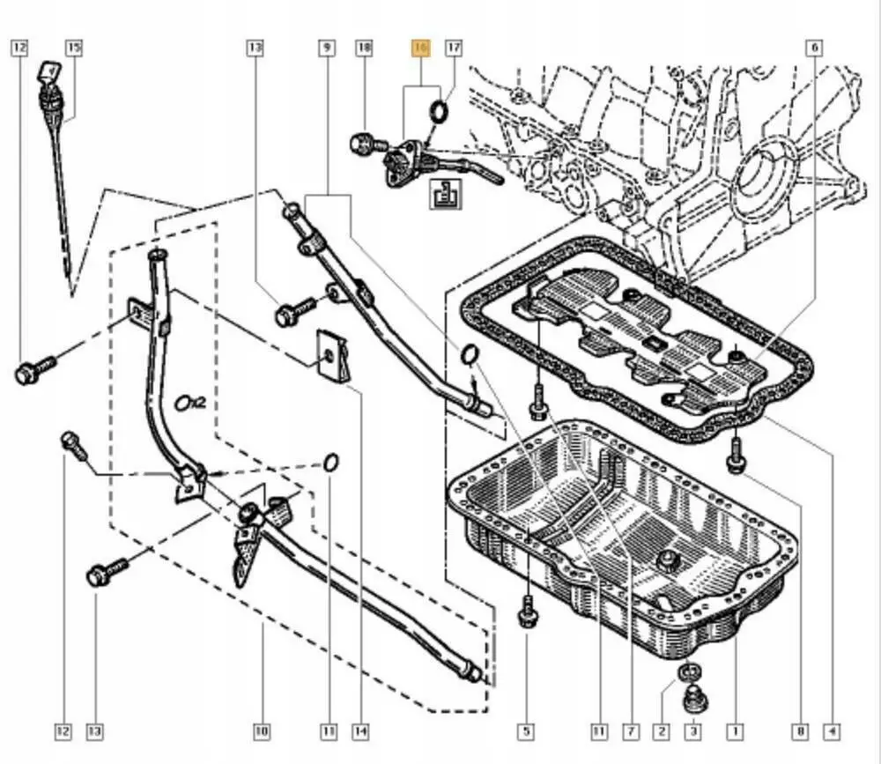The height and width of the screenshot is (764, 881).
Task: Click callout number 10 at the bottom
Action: pyautogui.click(x=262, y=731)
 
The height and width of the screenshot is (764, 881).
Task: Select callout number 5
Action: pyautogui.click(x=525, y=731)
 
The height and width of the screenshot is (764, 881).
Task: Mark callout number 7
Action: pyautogui.click(x=631, y=731)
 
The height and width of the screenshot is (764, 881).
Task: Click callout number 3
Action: pyautogui.click(x=692, y=731)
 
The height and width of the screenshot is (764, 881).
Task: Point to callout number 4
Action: pyautogui.click(x=831, y=731)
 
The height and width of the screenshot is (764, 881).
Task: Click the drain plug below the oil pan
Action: pyautogui.click(x=693, y=699)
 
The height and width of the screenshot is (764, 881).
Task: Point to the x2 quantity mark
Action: pyautogui.click(x=189, y=403)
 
